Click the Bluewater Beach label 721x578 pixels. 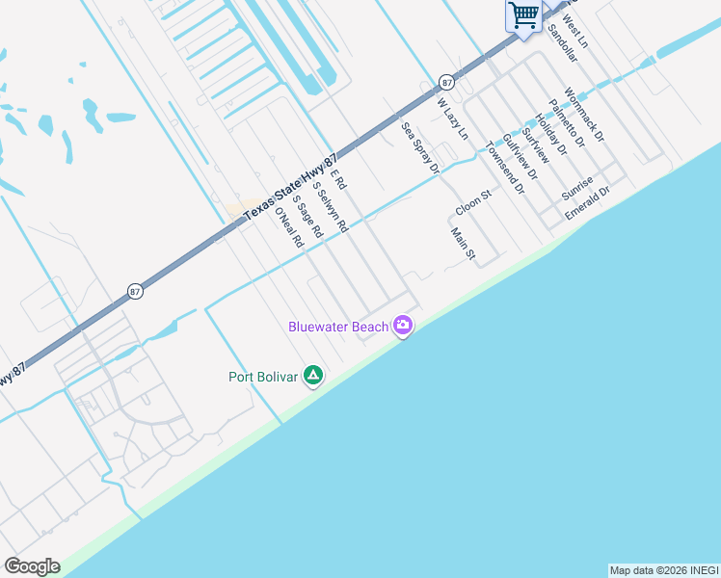click(x=338, y=328)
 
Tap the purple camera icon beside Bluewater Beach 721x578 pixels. click(x=403, y=327)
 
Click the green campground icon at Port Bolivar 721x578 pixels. click(x=312, y=375)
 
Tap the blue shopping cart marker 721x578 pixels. click(x=523, y=15)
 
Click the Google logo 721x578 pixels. click(x=32, y=566)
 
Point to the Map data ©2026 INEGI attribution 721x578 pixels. click(x=663, y=570)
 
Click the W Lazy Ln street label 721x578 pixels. click(x=451, y=118)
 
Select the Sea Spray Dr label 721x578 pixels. click(x=420, y=147)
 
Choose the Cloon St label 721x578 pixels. click(x=473, y=202)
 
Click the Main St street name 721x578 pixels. click(x=463, y=244)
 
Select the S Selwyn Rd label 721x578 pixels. click(x=329, y=212)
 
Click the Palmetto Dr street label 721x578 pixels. click(x=567, y=124)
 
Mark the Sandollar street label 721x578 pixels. click(x=561, y=43)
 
